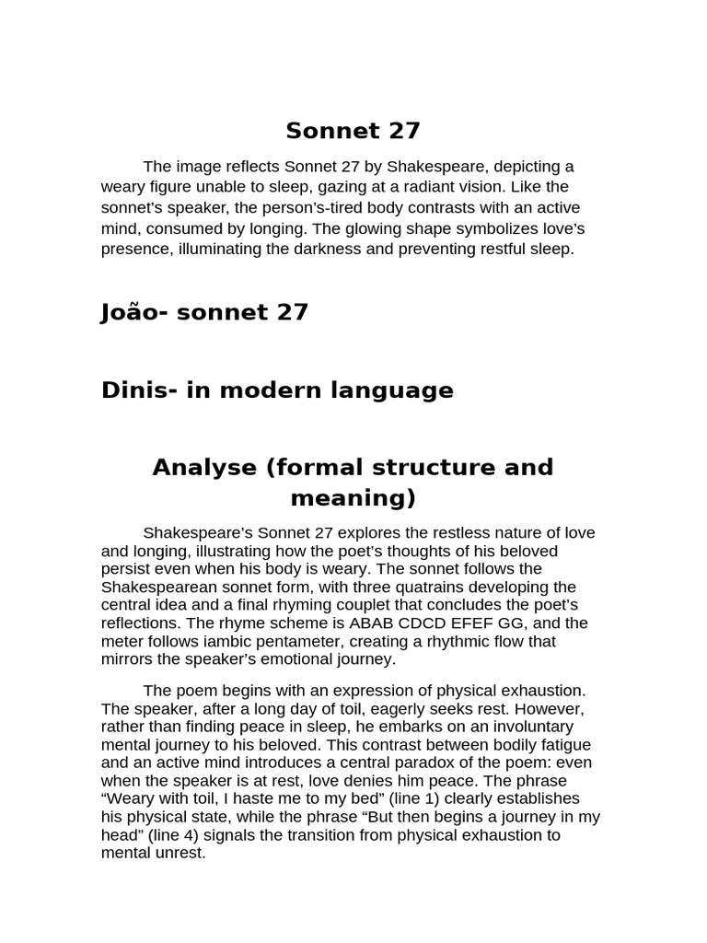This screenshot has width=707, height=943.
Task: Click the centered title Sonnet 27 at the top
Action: [x=353, y=131]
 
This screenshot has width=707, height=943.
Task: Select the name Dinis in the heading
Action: [x=132, y=390]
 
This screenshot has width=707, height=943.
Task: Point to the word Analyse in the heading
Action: [x=204, y=467]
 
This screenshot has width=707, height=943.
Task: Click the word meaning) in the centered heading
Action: [x=353, y=498]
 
